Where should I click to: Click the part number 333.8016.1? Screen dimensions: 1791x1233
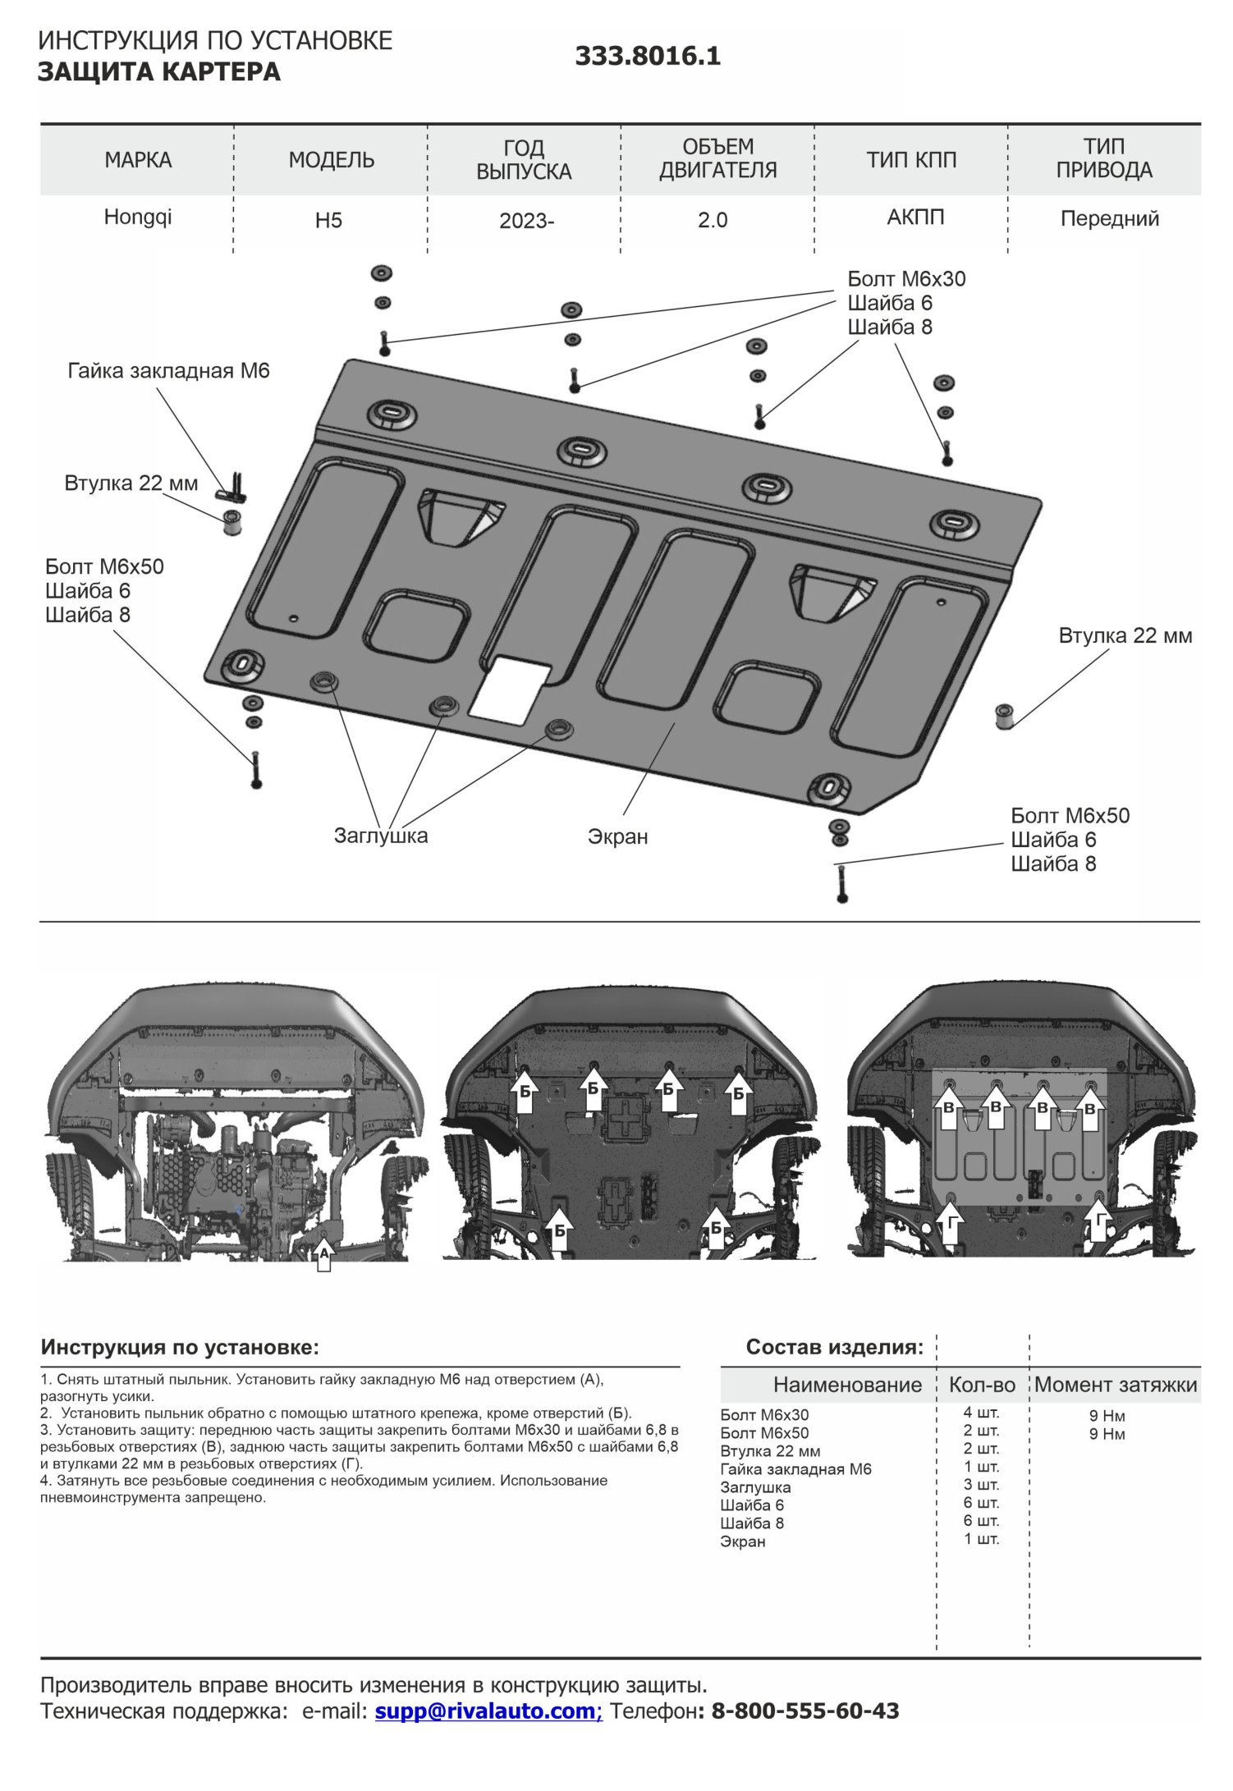(x=647, y=56)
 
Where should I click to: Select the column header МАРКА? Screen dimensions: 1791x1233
(x=138, y=160)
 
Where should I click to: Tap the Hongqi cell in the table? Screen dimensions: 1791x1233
(x=138, y=218)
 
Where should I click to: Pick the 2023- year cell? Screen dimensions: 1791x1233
(x=526, y=221)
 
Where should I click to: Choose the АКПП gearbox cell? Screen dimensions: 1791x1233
(x=915, y=218)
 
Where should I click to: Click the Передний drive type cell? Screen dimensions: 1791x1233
(x=1109, y=219)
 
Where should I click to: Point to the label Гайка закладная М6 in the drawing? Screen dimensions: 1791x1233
(x=168, y=371)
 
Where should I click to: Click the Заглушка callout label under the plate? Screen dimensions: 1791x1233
(x=380, y=836)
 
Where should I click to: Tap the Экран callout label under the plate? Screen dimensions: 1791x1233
(x=617, y=836)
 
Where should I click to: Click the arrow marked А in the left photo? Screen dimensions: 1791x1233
(x=324, y=1254)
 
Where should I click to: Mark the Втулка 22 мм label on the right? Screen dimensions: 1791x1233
(x=1125, y=636)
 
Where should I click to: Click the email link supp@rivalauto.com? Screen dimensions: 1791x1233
(x=488, y=1711)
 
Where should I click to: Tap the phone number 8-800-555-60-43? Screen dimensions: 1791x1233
(x=804, y=1711)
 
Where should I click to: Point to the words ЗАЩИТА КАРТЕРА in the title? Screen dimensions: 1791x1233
(x=159, y=72)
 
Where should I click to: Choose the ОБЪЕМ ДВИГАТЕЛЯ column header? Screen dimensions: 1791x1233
(x=717, y=158)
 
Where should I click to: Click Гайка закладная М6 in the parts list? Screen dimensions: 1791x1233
(x=795, y=1469)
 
